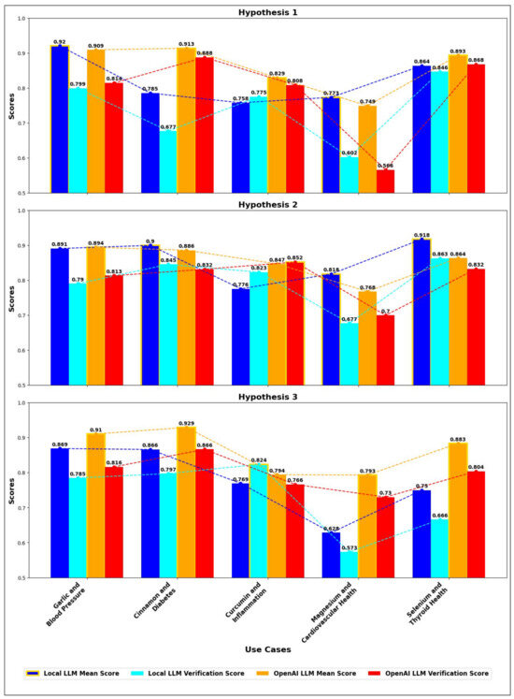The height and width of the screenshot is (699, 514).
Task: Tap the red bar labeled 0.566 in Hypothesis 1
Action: pos(385,181)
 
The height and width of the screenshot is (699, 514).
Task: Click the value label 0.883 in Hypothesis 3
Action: pos(458,439)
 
